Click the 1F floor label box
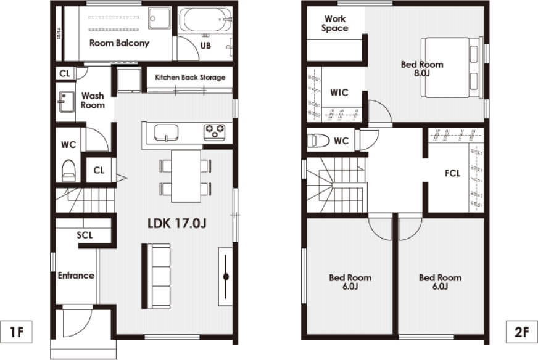(17, 332)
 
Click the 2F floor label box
(521, 332)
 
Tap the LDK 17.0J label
(176, 224)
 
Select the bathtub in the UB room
(205, 20)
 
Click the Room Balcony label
(120, 43)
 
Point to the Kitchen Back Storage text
(190, 78)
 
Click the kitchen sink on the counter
(166, 133)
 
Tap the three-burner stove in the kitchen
(215, 133)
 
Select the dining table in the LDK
(186, 176)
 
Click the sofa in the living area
(157, 276)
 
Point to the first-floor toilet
(68, 170)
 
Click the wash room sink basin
(65, 102)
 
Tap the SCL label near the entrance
(85, 235)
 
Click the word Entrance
(76, 276)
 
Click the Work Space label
(335, 23)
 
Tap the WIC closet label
(339, 92)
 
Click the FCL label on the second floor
(453, 173)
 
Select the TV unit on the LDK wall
(225, 276)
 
